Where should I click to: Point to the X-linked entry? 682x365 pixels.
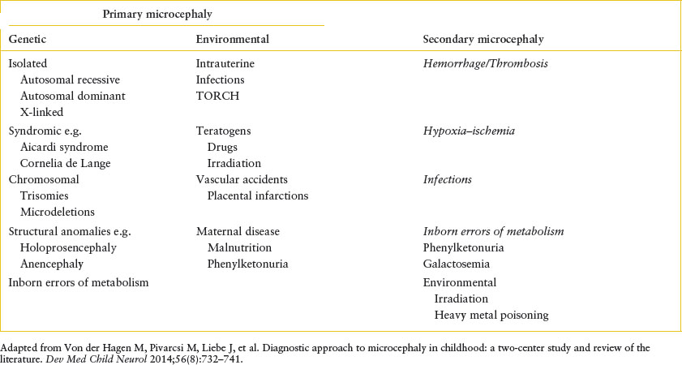coord(42,112)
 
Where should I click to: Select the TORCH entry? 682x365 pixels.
coord(213,97)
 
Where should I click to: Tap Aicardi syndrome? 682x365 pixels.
coord(64,147)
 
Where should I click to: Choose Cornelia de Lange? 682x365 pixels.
coord(66,163)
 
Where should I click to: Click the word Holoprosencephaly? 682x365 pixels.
coord(74,247)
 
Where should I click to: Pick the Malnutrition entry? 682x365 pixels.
coord(239,247)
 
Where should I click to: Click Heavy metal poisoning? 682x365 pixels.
coord(491,315)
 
